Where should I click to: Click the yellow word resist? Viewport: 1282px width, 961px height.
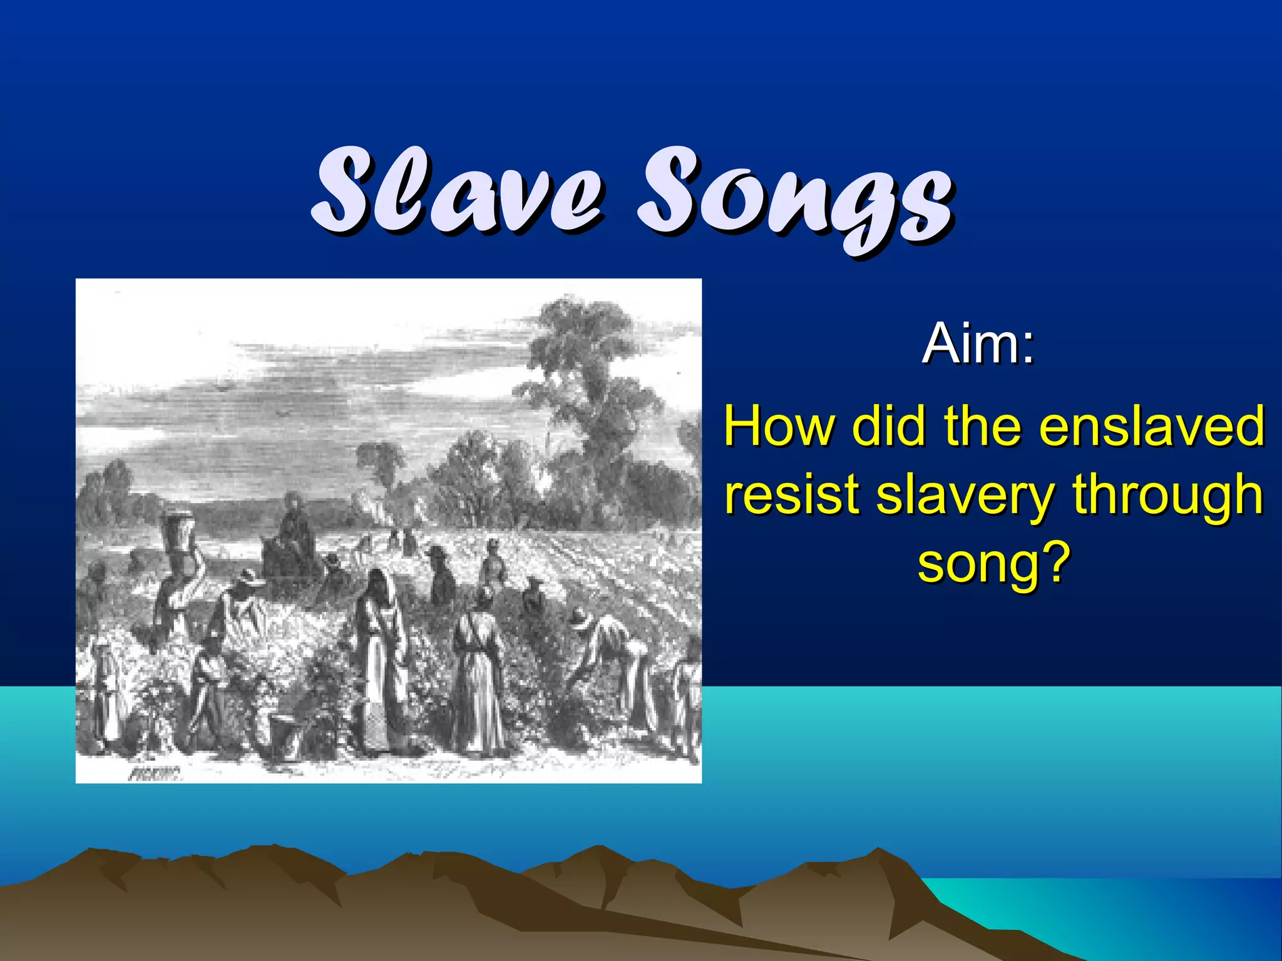pos(792,494)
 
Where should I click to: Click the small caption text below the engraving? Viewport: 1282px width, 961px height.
pos(155,775)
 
